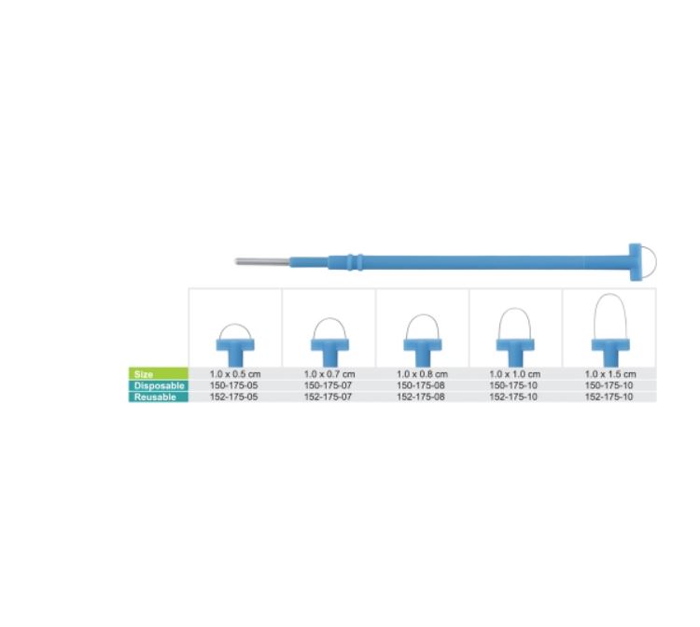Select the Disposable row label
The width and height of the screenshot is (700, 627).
[x=159, y=385]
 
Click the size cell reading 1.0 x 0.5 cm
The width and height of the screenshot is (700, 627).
[x=235, y=374]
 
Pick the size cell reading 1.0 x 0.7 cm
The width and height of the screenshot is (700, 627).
[x=329, y=374]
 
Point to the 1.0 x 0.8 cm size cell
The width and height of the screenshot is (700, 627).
[x=422, y=374]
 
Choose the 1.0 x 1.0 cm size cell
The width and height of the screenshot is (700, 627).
[x=514, y=374]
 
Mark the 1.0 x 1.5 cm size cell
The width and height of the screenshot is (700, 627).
[x=610, y=374]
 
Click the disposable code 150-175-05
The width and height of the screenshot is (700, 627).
[x=234, y=385]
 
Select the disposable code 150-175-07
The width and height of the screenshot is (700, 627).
[x=329, y=385]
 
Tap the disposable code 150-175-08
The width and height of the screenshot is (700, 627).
[x=421, y=385]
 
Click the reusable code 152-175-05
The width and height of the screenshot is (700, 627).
[x=234, y=397]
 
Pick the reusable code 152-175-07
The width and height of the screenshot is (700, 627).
[x=329, y=397]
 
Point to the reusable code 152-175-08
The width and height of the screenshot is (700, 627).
[x=421, y=397]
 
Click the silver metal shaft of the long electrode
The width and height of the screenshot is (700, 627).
[x=262, y=261]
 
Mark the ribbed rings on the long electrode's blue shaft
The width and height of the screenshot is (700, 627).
[x=355, y=262]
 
